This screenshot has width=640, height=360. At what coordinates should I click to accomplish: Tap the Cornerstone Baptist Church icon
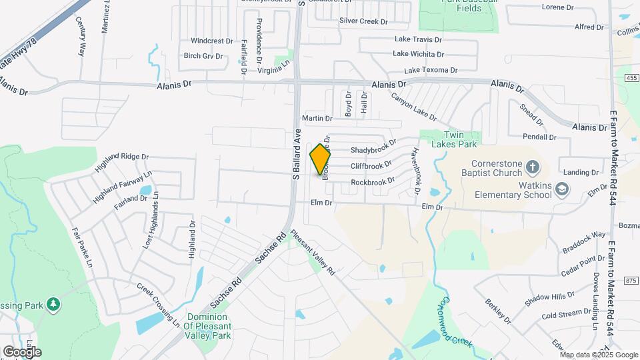[532, 166]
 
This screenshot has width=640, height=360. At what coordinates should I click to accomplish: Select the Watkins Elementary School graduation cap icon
[562, 189]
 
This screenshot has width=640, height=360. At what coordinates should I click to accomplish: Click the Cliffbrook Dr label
[371, 166]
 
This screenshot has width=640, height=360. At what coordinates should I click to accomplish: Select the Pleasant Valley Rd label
[313, 254]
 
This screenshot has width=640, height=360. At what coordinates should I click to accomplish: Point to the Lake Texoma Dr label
[431, 70]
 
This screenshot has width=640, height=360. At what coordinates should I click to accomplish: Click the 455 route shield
[631, 78]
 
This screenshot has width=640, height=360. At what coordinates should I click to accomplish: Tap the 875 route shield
[631, 281]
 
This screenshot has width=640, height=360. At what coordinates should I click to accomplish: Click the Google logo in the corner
[22, 351]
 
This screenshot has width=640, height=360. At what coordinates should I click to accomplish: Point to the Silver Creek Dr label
[363, 21]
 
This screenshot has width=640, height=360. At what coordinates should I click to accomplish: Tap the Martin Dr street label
[317, 118]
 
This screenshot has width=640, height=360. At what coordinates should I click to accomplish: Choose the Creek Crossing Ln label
[159, 305]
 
